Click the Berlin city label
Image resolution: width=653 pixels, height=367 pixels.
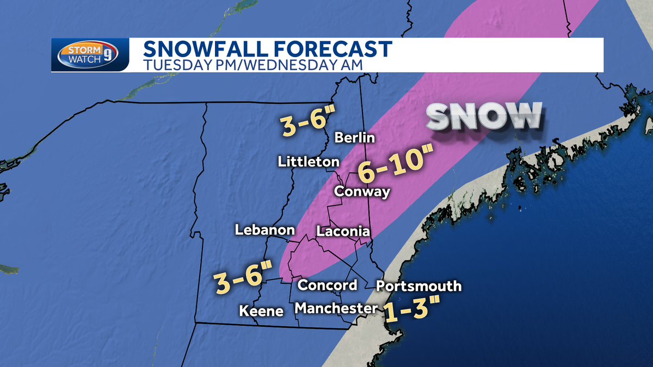(354, 138)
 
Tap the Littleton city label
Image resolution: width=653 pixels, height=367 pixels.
(309, 161)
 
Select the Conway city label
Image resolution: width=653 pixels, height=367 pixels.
(362, 191)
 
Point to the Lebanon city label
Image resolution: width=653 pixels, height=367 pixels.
(264, 230)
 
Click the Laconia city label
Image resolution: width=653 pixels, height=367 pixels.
(343, 232)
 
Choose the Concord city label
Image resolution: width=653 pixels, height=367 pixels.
(328, 285)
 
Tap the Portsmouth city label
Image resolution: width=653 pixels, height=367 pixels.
(418, 286)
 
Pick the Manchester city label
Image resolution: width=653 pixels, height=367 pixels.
(336, 308)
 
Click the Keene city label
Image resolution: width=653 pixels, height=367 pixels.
(261, 311)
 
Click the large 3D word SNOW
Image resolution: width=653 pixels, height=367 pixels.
(484, 116)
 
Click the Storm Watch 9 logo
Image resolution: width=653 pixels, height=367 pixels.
(89, 55)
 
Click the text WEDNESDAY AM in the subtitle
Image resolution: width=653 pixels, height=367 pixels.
(304, 65)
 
